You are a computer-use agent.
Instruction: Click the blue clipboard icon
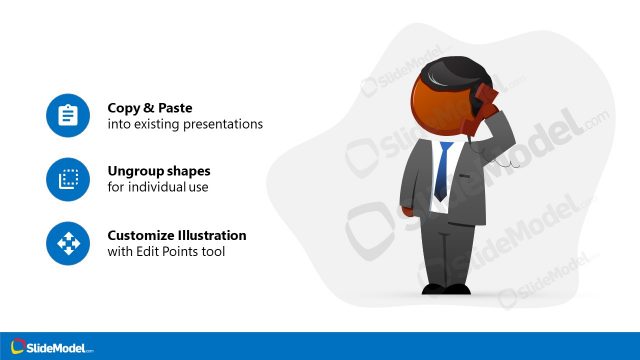pos(68,116)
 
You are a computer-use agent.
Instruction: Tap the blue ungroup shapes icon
pos(68,179)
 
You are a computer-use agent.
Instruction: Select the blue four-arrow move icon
pos(68,243)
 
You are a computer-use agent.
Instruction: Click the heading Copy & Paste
pos(149,108)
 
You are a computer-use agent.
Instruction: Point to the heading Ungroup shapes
pos(159,171)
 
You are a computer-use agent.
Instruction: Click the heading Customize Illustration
pos(177,235)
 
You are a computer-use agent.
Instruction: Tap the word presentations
pos(225,125)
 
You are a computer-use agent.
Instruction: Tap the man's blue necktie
pos(441,172)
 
